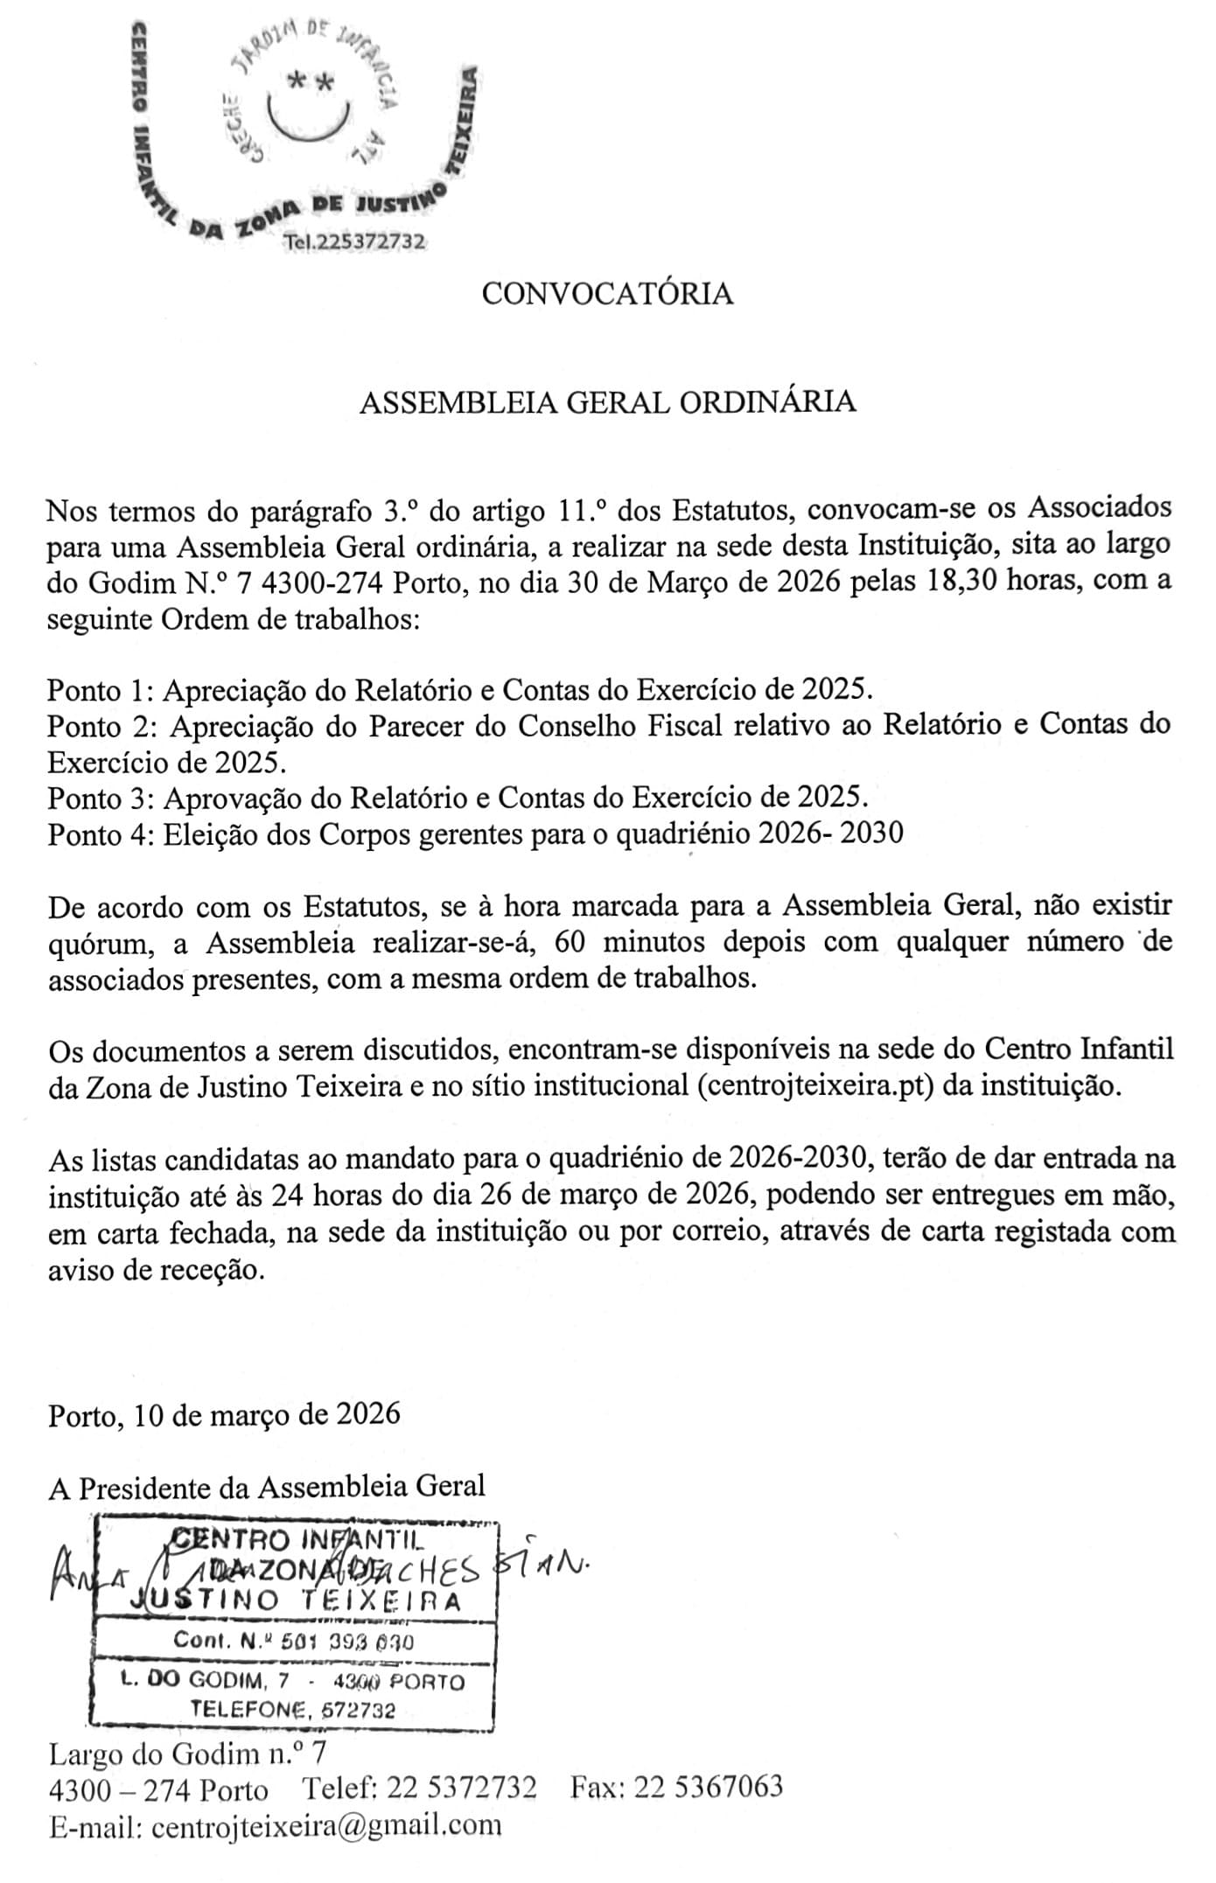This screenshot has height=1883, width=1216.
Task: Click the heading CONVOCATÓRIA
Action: coord(607,294)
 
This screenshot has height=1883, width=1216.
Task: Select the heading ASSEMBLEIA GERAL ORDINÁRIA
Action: coord(607,402)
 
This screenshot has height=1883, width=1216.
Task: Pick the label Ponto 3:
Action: coord(101,798)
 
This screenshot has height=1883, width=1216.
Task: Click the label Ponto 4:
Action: coord(101,834)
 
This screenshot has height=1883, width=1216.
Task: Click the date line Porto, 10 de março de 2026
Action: coord(224,1414)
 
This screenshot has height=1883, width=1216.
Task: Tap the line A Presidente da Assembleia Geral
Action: coord(266,1488)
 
